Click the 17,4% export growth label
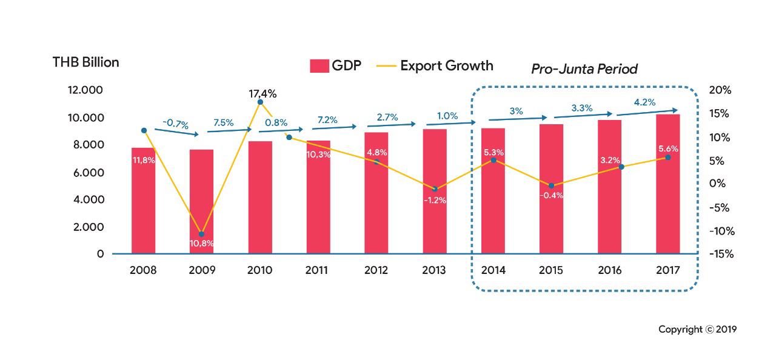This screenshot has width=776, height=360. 263,94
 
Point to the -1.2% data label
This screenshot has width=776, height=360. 434,200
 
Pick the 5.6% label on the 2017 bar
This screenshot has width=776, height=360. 667,148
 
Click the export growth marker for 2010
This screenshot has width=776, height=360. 260,102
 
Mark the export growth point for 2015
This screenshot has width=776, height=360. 551,185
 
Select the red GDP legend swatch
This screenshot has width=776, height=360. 319,66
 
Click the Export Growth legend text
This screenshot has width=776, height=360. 447,65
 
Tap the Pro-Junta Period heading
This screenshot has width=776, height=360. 584,69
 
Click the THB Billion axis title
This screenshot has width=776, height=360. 86,62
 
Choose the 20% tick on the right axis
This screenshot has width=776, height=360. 720,90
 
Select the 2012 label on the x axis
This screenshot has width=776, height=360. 376,270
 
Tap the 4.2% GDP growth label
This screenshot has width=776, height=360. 644,102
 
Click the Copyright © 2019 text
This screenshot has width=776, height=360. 697,330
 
